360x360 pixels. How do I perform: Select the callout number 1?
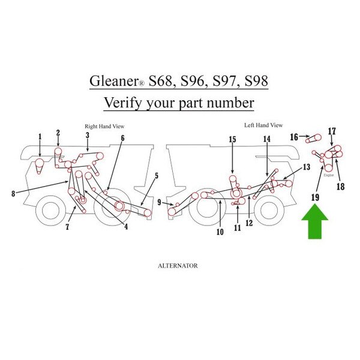click(40, 137)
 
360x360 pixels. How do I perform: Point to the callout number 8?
click(13, 193)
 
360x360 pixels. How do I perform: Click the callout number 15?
click(232, 140)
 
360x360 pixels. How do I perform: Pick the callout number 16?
click(294, 137)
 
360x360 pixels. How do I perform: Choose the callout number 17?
click(332, 131)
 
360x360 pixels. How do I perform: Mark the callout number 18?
click(341, 186)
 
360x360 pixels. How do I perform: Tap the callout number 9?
click(159, 203)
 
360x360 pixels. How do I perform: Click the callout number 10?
click(220, 232)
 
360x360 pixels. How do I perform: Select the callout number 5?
click(156, 176)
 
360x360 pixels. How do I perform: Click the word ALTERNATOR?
click(178, 265)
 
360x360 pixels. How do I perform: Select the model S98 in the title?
click(251, 80)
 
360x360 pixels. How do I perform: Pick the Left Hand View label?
click(263, 125)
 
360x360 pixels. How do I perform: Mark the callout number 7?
click(67, 227)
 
